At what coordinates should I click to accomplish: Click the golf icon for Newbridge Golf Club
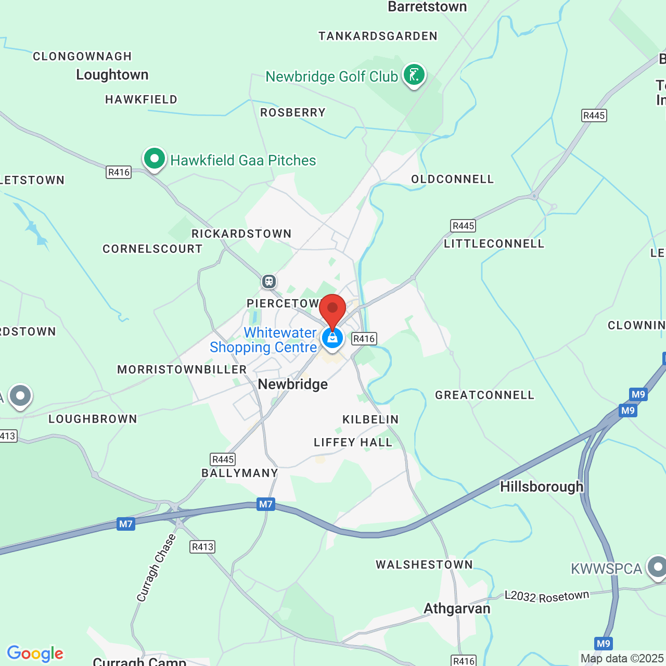pyautogui.click(x=414, y=75)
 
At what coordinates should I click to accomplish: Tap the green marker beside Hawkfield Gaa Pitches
pyautogui.click(x=154, y=158)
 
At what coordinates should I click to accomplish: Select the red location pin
pyautogui.click(x=332, y=310)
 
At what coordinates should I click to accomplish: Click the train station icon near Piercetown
pyautogui.click(x=268, y=281)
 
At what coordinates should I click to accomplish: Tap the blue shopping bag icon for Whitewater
pyautogui.click(x=332, y=339)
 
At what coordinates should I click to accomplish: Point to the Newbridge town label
pyautogui.click(x=293, y=385)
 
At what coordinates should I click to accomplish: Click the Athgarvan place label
pyautogui.click(x=457, y=609)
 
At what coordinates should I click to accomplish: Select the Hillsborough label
pyautogui.click(x=542, y=487)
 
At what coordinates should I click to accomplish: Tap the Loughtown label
pyautogui.click(x=112, y=75)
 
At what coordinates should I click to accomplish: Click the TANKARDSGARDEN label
pyautogui.click(x=378, y=36)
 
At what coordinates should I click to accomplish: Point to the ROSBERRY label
pyautogui.click(x=293, y=113)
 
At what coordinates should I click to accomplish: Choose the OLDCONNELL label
pyautogui.click(x=452, y=180)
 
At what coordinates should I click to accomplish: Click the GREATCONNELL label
pyautogui.click(x=484, y=395)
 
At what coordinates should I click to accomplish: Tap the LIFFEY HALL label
pyautogui.click(x=353, y=443)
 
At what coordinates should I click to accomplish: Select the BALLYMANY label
pyautogui.click(x=240, y=473)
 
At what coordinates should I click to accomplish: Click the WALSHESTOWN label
pyautogui.click(x=424, y=565)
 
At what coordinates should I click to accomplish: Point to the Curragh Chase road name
pyautogui.click(x=156, y=568)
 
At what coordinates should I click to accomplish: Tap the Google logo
pyautogui.click(x=35, y=654)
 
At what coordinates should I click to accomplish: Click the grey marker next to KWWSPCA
pyautogui.click(x=657, y=567)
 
